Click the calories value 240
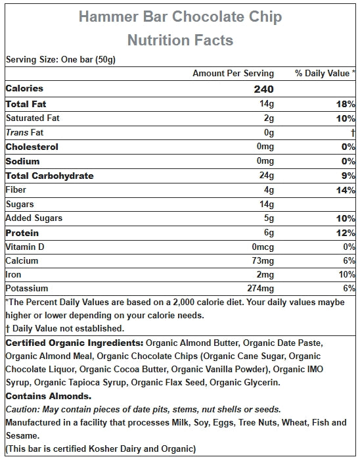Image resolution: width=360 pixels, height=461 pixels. click(x=263, y=89)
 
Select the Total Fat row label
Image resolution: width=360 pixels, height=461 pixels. click(x=26, y=104)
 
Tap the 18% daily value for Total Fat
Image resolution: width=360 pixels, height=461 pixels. click(x=346, y=104)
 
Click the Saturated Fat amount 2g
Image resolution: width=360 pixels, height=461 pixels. click(x=269, y=118)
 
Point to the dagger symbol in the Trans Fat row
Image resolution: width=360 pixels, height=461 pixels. click(x=353, y=133)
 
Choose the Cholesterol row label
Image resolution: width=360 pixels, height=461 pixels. click(x=32, y=147)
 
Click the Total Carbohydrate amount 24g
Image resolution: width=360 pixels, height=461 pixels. click(x=266, y=176)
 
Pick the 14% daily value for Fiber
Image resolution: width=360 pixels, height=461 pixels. click(x=346, y=190)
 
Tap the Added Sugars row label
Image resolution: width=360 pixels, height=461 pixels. click(x=34, y=218)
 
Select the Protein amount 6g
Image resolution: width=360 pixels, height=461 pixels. click(x=269, y=233)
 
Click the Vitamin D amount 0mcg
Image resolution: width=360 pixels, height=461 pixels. click(x=263, y=247)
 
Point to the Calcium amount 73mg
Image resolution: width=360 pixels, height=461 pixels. click(x=263, y=260)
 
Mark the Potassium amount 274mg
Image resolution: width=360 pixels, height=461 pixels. click(x=260, y=288)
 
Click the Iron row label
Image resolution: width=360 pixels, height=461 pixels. click(x=13, y=274)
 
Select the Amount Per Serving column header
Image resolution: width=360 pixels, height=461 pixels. click(x=233, y=73)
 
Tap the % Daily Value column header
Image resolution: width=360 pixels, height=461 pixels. click(x=325, y=73)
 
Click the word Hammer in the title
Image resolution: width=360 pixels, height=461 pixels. click(x=108, y=16)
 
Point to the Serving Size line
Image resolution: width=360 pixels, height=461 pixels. click(x=60, y=59)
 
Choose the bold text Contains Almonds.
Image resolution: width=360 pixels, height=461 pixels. click(x=49, y=396)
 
